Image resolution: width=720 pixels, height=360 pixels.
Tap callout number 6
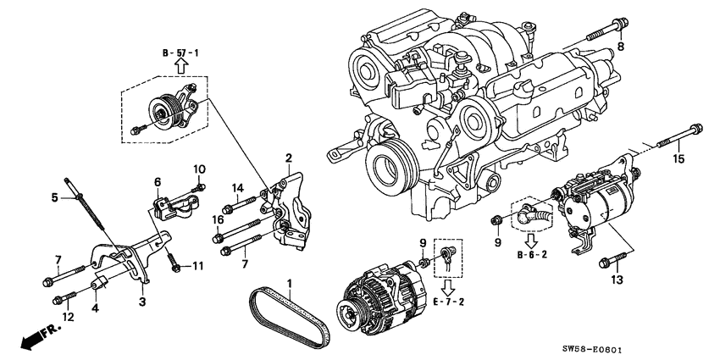[158, 181]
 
